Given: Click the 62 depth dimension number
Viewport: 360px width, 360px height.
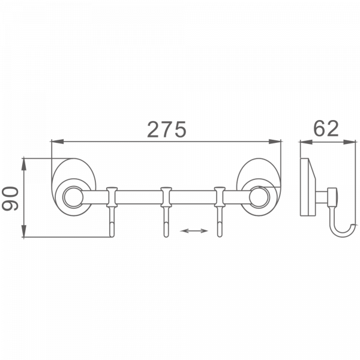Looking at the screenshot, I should click(x=325, y=128).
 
